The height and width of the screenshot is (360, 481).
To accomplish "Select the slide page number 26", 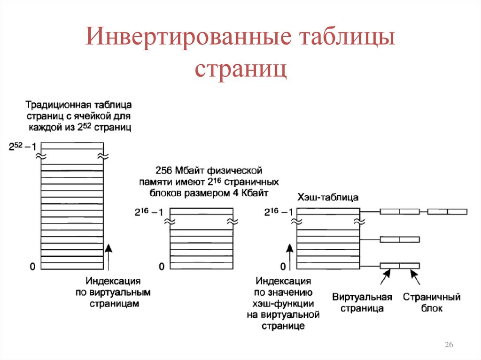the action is point(448,345).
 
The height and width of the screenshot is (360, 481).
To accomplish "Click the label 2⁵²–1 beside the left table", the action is point(22,146).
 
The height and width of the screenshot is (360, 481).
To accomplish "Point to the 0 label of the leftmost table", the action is point(32,267).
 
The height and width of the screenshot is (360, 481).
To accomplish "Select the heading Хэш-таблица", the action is point(328,197).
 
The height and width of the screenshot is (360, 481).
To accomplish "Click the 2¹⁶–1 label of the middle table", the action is point(149,212).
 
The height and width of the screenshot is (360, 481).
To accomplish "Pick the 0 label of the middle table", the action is point(162,267).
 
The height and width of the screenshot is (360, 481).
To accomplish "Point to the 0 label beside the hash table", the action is point(283,267).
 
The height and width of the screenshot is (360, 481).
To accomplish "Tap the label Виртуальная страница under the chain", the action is point(362,303).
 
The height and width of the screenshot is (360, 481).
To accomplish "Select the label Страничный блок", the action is point(432,303).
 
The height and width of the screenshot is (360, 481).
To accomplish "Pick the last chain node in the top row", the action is point(447,212).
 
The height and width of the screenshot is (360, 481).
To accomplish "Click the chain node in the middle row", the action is point(400,239).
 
